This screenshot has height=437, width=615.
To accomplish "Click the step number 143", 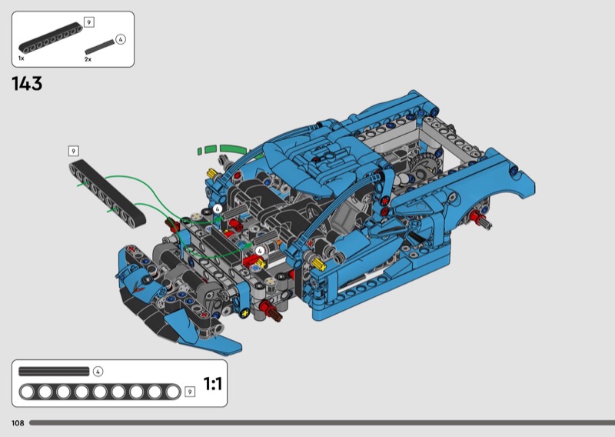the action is [x=27, y=84].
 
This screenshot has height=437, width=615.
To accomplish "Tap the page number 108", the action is [x=18, y=423].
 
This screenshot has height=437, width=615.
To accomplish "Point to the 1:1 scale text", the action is [x=213, y=384].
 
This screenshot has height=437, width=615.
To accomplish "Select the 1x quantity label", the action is [x=22, y=58].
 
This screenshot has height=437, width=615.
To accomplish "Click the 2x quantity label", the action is [x=88, y=59].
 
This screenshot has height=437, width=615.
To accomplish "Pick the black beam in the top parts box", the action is [x=51, y=38].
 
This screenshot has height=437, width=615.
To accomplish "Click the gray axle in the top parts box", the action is [x=99, y=47].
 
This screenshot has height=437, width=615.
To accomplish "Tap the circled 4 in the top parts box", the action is [x=121, y=39].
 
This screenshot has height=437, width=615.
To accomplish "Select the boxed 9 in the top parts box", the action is [x=89, y=22].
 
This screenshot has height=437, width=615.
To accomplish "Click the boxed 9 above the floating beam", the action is [x=73, y=151].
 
